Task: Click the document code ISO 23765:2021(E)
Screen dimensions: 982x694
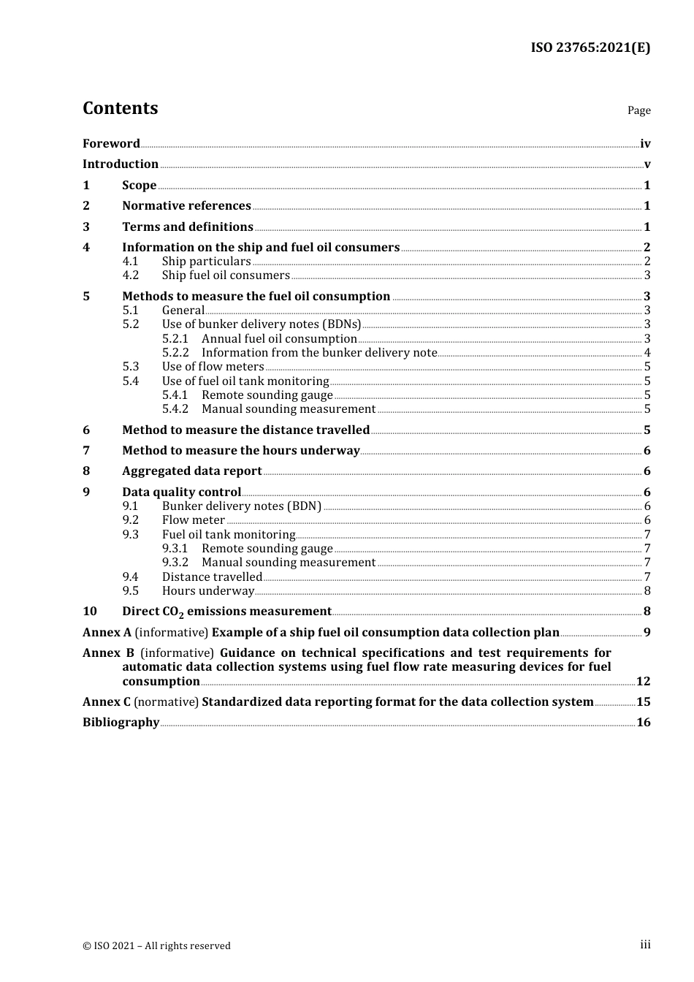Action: (x=590, y=47)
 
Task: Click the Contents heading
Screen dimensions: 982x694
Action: (x=120, y=108)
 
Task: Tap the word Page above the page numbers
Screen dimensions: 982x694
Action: (x=638, y=110)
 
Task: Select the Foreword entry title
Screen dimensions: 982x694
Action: (x=111, y=143)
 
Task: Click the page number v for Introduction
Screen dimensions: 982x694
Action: (x=647, y=164)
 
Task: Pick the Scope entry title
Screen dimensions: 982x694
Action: (x=139, y=186)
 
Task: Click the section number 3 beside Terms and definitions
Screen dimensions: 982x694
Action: (x=86, y=227)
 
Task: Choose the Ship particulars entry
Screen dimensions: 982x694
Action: (x=206, y=262)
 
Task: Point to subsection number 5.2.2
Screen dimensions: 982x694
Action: (x=175, y=353)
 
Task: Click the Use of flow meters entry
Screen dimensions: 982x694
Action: (x=213, y=367)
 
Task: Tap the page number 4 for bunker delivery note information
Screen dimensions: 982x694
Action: (x=647, y=353)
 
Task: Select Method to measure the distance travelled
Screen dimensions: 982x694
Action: (x=245, y=430)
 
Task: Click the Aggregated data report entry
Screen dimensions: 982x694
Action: (x=191, y=471)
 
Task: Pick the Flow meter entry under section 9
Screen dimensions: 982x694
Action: (x=193, y=520)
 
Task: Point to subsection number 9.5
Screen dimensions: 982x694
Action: (x=130, y=591)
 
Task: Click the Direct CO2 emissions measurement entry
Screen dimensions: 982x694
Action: (x=226, y=612)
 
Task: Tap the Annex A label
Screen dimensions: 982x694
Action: (x=107, y=633)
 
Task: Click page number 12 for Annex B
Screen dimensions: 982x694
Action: (x=643, y=682)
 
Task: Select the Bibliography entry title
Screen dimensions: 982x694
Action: (x=121, y=723)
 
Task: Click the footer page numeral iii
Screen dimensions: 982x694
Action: (x=645, y=945)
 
